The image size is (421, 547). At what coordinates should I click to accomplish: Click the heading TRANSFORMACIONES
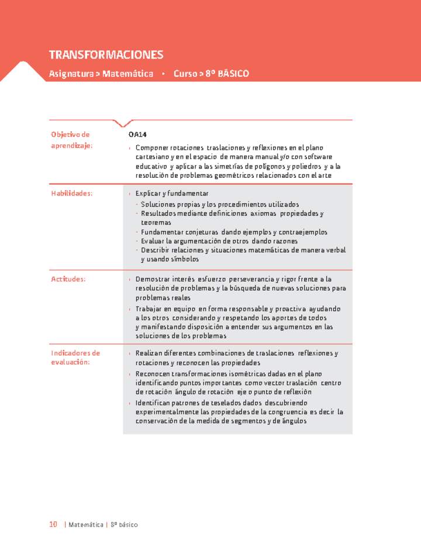coord(106,55)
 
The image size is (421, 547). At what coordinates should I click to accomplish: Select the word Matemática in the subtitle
coord(127,74)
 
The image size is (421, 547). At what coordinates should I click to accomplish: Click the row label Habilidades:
coord(72,194)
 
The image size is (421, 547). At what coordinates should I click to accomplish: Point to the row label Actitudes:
coord(68,279)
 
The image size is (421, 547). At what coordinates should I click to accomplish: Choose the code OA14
coord(138,135)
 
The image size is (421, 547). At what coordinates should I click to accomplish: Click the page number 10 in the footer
coord(53,525)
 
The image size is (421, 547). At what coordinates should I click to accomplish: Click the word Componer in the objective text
coord(151,148)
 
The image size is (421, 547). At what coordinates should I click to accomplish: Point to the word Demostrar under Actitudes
coord(153,279)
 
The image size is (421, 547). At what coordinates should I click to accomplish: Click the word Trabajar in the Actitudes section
coord(150,309)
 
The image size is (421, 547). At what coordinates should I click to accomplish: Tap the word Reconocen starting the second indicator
coord(153,374)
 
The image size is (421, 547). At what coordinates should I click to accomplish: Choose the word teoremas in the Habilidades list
coord(156,223)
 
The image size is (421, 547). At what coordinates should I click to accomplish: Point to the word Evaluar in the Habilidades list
coord(153,241)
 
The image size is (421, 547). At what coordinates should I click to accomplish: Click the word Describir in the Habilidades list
coord(155,250)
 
